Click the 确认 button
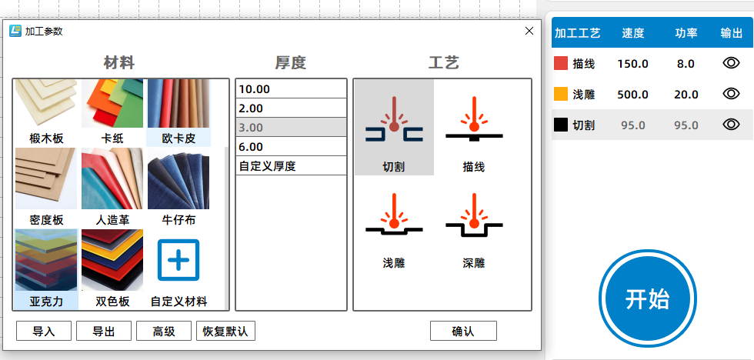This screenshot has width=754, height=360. click(x=463, y=332)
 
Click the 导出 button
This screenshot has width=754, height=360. click(x=104, y=332)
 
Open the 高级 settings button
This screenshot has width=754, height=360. click(x=164, y=332)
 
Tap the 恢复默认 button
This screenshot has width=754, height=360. click(x=225, y=332)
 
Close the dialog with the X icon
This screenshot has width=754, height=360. click(x=529, y=32)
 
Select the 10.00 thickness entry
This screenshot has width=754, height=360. click(x=291, y=89)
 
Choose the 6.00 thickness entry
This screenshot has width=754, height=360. click(x=291, y=147)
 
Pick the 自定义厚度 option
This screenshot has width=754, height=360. click(x=291, y=166)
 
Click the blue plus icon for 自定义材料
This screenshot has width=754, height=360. click(x=178, y=259)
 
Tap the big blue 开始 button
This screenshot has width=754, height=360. click(x=648, y=298)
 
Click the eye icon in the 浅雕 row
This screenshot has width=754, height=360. click(x=731, y=93)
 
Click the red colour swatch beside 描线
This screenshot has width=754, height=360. click(x=561, y=63)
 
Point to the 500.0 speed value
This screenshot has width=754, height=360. click(x=632, y=95)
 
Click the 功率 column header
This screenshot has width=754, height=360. click(x=686, y=33)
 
